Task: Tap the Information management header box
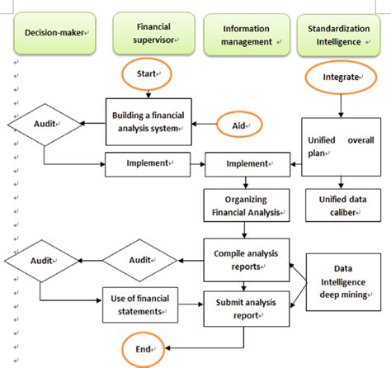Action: pyautogui.click(x=247, y=35)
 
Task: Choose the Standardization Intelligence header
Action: pyautogui.click(x=339, y=35)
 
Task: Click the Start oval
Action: pyautogui.click(x=148, y=74)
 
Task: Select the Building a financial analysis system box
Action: pyautogui.click(x=148, y=120)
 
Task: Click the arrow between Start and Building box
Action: pyautogui.click(x=148, y=92)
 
